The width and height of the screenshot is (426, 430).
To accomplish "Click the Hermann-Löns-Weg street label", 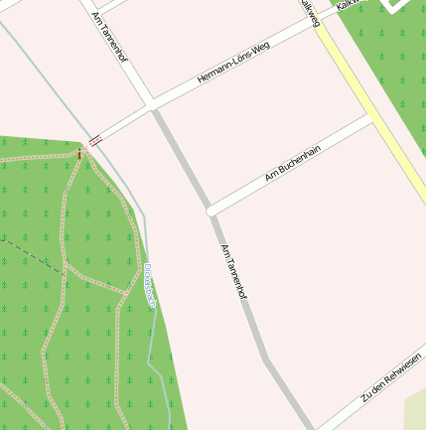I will click(x=233, y=63).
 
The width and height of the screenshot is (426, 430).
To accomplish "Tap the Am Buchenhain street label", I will click(x=293, y=163).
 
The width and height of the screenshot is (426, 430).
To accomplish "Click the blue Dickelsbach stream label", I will click(x=149, y=287).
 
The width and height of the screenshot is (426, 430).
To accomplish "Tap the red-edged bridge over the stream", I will click(x=95, y=141).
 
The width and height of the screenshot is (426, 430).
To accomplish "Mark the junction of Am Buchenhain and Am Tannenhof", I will click(x=211, y=211).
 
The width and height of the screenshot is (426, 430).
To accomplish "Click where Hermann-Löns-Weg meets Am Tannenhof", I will click(x=151, y=104).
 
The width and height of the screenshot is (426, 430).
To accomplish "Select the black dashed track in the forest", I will click(x=30, y=250).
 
